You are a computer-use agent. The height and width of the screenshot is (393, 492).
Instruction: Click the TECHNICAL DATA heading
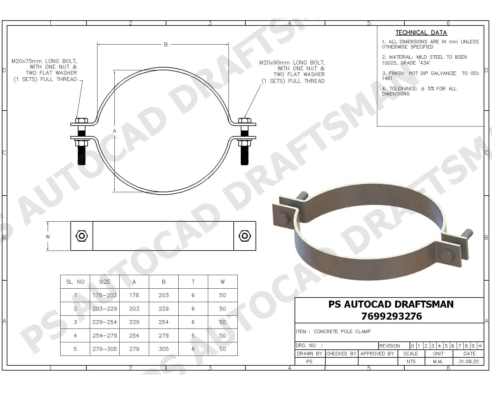[421, 33]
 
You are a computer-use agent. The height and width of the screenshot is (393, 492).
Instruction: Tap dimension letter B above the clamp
[166, 45]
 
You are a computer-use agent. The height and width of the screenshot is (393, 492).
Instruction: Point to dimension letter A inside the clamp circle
[114, 131]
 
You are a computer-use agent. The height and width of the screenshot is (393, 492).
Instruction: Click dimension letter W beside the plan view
[48, 237]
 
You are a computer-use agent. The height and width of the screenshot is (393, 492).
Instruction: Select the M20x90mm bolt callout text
[292, 72]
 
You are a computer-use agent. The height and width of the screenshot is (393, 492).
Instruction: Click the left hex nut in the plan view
[82, 236]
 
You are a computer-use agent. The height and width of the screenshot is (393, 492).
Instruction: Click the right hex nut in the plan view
[244, 236]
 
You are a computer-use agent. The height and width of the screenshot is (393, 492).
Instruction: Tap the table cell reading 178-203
[105, 295]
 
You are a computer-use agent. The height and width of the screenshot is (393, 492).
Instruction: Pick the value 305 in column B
[164, 349]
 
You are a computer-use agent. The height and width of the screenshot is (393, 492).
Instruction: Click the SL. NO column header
[75, 282]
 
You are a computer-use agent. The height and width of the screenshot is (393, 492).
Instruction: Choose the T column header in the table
[193, 282]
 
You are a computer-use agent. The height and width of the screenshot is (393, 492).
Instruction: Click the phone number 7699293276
[391, 316]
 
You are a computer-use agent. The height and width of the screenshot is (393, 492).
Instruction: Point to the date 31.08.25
[469, 361]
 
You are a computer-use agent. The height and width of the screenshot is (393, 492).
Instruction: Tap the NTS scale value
[411, 361]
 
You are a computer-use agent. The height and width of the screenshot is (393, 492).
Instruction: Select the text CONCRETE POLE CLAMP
[342, 331]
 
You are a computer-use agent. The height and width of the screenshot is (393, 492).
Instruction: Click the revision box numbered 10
[480, 346]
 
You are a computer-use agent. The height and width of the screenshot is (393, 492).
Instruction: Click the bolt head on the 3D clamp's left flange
[282, 217]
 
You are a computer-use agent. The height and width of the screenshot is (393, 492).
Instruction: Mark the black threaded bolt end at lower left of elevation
[81, 156]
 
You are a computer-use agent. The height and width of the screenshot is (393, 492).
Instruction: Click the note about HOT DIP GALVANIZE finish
[430, 76]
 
